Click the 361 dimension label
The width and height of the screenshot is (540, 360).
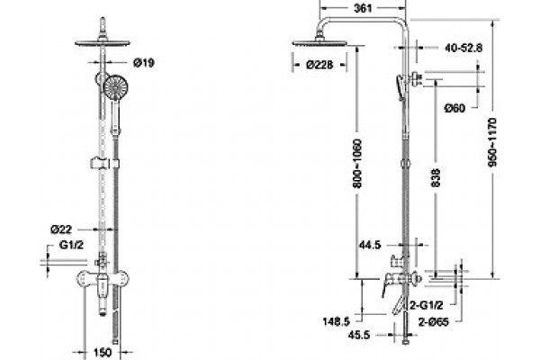pyautogui.click(x=363, y=8)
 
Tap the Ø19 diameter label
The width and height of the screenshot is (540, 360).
pyautogui.click(x=144, y=63)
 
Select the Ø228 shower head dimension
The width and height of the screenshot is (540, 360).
pyautogui.click(x=319, y=65)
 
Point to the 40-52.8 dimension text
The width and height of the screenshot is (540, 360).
pyautogui.click(x=463, y=48)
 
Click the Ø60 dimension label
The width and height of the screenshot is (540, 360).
pyautogui.click(x=454, y=108)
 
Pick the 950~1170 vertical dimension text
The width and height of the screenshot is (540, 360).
pyautogui.click(x=493, y=142)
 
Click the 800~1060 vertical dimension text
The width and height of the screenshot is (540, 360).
pyautogui.click(x=358, y=163)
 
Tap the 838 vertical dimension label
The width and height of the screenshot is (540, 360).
pyautogui.click(x=436, y=177)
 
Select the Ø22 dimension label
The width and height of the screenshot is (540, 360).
pyautogui.click(x=61, y=229)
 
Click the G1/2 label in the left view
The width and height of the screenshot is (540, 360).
pyautogui.click(x=71, y=245)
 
